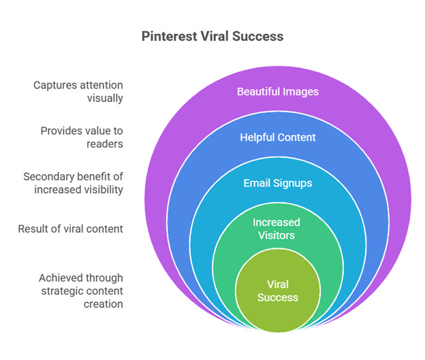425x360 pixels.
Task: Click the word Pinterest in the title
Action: [169, 36]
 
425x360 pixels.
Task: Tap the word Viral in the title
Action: [215, 36]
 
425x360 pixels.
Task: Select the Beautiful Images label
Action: [278, 92]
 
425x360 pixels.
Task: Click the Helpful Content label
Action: [278, 137]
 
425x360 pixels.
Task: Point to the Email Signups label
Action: [278, 183]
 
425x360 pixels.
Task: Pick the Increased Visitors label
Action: [277, 229]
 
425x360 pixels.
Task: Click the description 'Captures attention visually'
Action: [78, 92]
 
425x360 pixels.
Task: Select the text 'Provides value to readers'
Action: [82, 137]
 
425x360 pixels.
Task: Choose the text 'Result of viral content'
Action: [70, 229]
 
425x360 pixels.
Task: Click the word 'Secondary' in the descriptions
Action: [44, 177]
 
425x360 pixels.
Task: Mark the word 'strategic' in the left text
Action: [61, 291]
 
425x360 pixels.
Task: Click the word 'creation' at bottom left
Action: [104, 304]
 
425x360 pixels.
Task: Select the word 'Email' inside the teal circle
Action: [257, 183]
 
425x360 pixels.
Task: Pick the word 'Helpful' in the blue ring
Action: [257, 137]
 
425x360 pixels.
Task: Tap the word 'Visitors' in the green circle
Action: [277, 235]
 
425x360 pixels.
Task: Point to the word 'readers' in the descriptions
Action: [105, 144]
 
